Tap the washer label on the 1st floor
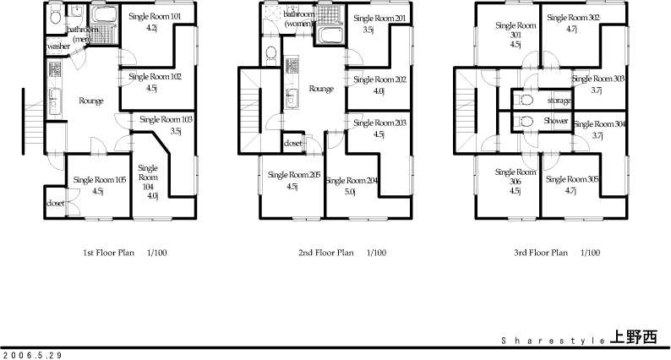(x=59, y=46)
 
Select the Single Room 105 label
(x=99, y=179)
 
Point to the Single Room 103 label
(x=166, y=120)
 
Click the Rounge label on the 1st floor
(x=91, y=101)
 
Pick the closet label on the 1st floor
(x=56, y=204)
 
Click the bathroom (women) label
(x=300, y=19)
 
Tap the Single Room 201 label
(x=380, y=18)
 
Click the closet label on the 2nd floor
(x=293, y=144)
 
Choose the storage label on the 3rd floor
(x=559, y=101)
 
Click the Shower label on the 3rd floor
(x=556, y=121)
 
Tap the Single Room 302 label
(x=573, y=18)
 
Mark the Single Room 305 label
(x=572, y=179)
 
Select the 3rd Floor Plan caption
(x=557, y=252)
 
